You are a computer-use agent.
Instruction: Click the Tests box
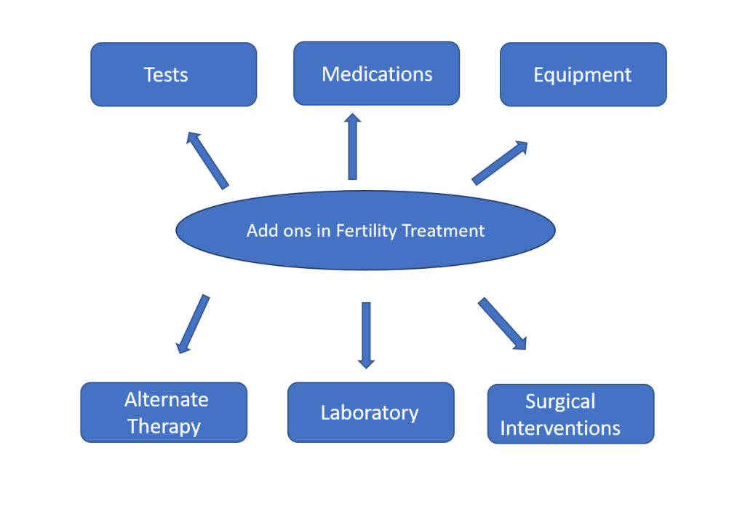pos(174,74)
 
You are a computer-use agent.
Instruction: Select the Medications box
pos(377,74)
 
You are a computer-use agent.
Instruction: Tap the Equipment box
pos(583,74)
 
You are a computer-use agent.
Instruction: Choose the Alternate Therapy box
pos(164,412)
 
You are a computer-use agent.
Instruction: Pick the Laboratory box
pos(371,412)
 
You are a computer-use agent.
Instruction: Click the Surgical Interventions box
pos(571,414)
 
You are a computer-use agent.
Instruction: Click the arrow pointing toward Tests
pos(207,161)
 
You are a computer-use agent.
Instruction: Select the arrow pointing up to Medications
pos(353,146)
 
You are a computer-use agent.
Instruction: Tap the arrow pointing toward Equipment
pos(500,162)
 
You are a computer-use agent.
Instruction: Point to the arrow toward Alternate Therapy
pos(193,324)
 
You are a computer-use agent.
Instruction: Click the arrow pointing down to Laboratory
pos(367,336)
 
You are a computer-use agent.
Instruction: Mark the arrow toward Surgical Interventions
pos(502,323)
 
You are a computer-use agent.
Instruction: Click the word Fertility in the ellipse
pos(367,231)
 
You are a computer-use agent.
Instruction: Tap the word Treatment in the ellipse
pos(443,231)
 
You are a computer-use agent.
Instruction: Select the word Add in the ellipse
pos(262,231)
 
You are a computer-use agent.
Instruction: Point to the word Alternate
pos(167,400)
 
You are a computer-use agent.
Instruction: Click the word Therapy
pos(164,426)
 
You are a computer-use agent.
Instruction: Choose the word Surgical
pos(560,401)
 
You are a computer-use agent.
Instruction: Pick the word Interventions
pos(560,428)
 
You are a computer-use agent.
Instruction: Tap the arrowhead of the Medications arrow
pos(353,119)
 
